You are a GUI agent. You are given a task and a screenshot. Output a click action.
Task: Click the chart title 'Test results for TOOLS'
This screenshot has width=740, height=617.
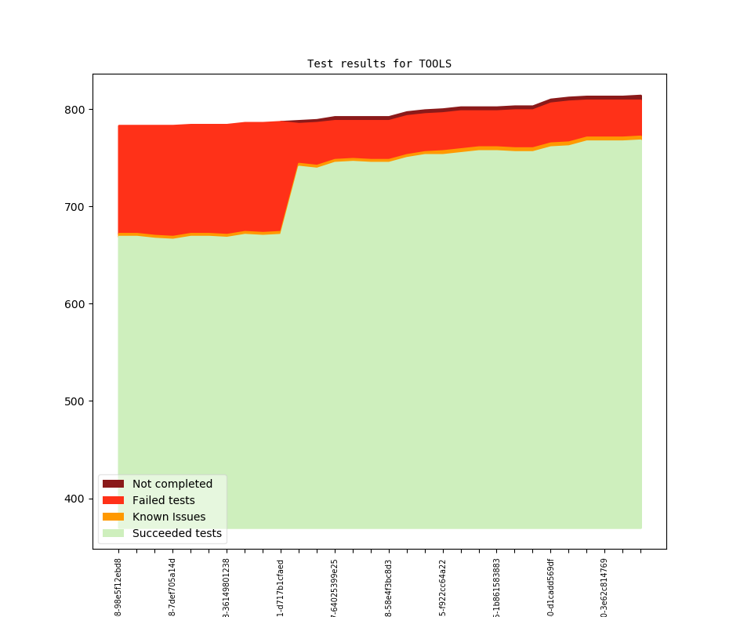pos(379,64)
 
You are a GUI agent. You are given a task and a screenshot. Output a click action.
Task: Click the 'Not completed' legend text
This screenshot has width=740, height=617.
pos(172,484)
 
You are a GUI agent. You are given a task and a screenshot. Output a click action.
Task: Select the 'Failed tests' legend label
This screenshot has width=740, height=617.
pos(164,500)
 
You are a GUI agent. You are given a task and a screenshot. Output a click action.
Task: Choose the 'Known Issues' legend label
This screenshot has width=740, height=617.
pos(169,517)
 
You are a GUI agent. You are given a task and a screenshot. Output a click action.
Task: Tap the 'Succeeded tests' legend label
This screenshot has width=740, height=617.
pos(177,533)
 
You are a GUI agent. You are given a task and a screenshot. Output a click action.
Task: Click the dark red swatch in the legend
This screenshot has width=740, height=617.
pos(113,484)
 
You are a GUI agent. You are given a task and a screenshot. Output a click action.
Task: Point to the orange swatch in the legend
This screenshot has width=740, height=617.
pos(113,517)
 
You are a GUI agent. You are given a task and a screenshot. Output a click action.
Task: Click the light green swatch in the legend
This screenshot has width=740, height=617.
pos(113,533)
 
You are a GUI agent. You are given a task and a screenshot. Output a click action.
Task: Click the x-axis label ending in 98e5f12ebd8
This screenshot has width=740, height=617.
pos(118,586)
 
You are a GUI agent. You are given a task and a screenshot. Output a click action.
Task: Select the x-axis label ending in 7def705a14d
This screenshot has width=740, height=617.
pos(172,586)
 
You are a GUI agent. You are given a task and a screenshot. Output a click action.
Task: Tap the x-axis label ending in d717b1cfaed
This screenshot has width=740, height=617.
pos(281,586)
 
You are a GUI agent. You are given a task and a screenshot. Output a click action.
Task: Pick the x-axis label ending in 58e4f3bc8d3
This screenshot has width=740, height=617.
pos(389,586)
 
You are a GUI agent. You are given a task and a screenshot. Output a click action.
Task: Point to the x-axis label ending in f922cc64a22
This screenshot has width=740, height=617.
pos(443,586)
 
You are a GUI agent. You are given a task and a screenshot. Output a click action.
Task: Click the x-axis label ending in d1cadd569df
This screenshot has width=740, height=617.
pos(551,586)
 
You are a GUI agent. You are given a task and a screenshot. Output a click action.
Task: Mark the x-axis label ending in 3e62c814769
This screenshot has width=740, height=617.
pos(605,586)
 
